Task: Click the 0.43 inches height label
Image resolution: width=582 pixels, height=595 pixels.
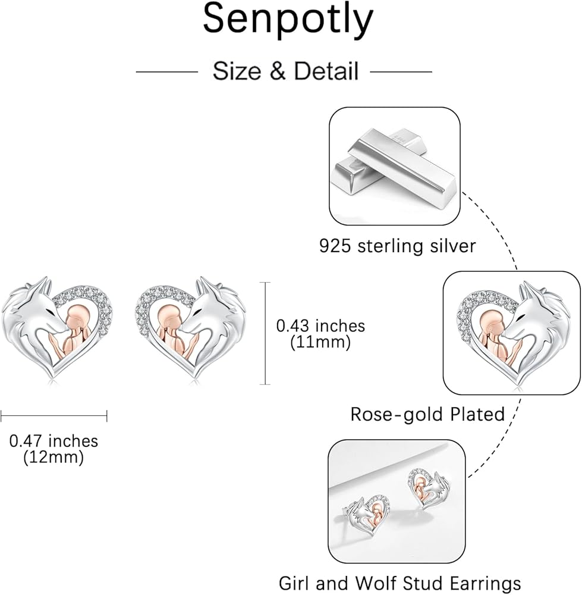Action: pos(320,326)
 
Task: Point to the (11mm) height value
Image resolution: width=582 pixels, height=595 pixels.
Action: pos(320,343)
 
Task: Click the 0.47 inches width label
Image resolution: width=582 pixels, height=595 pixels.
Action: pos(54,441)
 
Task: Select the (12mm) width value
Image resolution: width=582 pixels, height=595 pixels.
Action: pos(54,458)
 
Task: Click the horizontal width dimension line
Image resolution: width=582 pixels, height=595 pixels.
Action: pos(54,415)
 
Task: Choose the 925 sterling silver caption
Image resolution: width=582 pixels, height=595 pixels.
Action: pos(398,246)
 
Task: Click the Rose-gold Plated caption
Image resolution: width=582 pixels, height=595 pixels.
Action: pos(427,414)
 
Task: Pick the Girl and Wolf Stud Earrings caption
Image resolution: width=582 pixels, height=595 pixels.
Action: pos(400,583)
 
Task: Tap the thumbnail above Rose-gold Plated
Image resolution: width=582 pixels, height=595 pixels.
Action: pos(511,333)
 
